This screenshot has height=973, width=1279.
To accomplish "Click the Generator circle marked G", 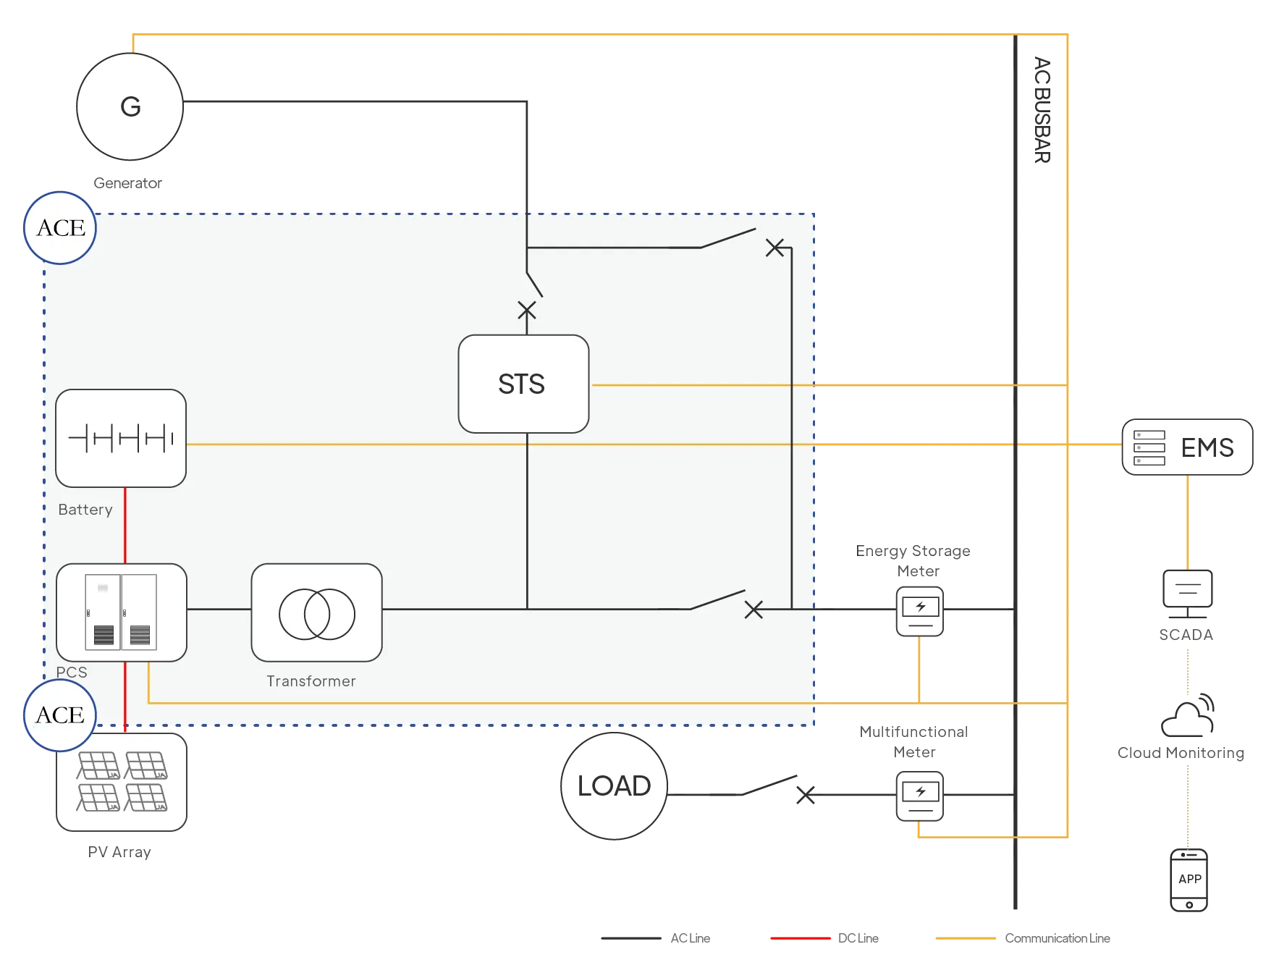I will click(x=130, y=106).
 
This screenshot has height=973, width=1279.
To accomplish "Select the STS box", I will click(x=523, y=384).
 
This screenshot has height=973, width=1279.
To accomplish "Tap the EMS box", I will click(x=1186, y=447).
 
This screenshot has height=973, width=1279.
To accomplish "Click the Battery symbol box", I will click(x=121, y=438).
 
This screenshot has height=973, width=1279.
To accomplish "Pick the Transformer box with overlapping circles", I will click(x=316, y=612).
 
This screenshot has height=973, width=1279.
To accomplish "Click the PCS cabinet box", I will click(x=121, y=612).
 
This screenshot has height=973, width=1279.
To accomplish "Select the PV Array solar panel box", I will click(x=122, y=782).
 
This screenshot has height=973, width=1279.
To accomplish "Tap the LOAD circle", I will click(x=614, y=785).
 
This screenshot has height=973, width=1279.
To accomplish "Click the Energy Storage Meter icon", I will click(x=919, y=611).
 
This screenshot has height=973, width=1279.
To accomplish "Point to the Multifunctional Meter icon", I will click(x=919, y=796).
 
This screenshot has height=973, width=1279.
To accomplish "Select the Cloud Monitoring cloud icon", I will click(x=1187, y=717).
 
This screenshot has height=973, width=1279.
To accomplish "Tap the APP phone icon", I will click(x=1189, y=880).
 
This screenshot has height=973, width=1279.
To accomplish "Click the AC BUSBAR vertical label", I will click(x=1042, y=110).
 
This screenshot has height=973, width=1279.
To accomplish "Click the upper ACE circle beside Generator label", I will click(x=61, y=228).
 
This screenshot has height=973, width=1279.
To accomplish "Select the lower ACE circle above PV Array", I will click(x=60, y=715).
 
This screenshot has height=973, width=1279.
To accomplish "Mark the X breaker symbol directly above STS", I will click(x=527, y=311).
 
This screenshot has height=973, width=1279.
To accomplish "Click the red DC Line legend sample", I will click(x=801, y=938).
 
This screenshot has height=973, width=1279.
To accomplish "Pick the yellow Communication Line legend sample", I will click(x=966, y=938).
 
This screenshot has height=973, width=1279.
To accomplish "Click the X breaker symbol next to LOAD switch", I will click(x=806, y=795).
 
